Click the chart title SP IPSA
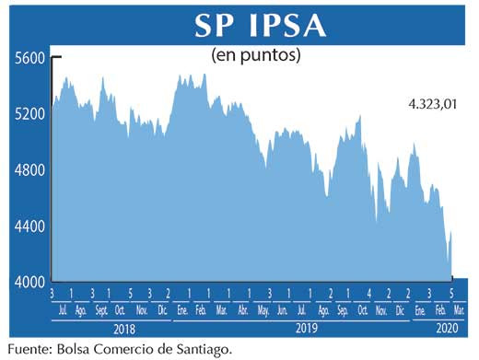[259, 25]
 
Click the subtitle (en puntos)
[257, 55]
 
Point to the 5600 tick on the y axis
[29, 57]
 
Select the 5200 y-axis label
[29, 114]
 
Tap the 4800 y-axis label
[29, 170]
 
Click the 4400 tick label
[29, 226]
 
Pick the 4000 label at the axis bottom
[29, 282]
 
